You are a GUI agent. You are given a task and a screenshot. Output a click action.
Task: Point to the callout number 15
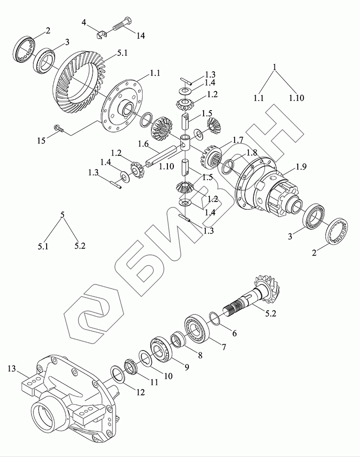[42, 140]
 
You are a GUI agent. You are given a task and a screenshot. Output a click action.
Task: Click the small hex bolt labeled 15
[59, 128]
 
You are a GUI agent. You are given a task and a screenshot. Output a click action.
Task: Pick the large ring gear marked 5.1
[78, 85]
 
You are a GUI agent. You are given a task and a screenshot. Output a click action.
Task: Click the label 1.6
[143, 144]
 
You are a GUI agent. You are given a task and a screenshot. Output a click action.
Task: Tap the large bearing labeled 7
[197, 328]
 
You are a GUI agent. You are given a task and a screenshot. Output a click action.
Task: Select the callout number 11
[154, 382]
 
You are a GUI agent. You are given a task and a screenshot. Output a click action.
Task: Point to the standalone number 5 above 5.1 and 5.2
[63, 214]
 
